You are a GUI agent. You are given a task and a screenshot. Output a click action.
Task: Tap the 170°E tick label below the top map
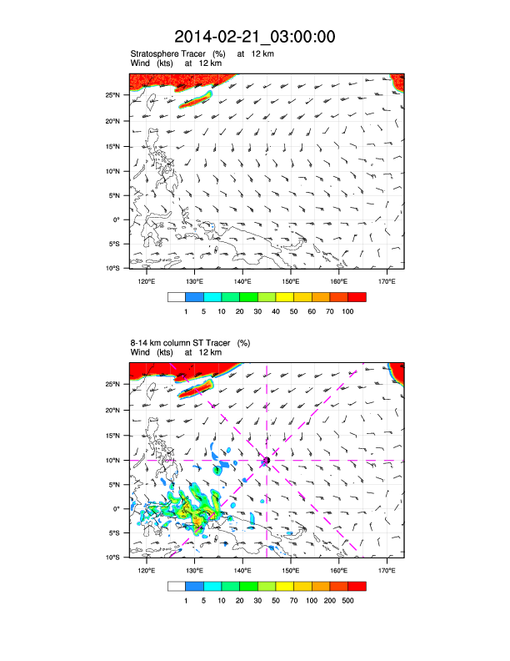(x=387, y=280)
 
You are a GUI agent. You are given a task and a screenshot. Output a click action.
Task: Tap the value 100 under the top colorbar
(x=348, y=310)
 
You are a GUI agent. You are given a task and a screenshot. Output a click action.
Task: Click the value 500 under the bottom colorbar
(x=348, y=599)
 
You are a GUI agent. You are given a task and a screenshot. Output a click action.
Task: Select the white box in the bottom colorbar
(x=176, y=585)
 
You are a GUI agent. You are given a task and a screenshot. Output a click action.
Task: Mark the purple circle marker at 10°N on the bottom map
(x=267, y=460)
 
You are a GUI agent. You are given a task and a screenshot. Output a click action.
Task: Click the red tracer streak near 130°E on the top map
(x=196, y=99)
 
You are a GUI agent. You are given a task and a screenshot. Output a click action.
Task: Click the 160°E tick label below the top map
(x=338, y=280)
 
